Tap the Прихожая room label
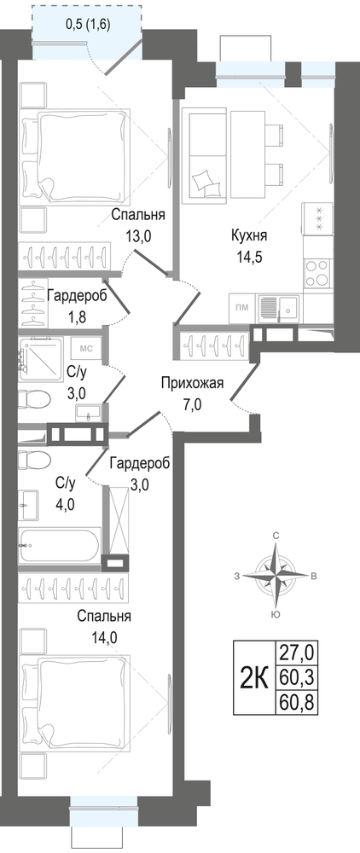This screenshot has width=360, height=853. pyautogui.click(x=192, y=384)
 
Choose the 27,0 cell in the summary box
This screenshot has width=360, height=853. pyautogui.click(x=297, y=651)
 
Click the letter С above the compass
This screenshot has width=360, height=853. pyautogui.click(x=276, y=537)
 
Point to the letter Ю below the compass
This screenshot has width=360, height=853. pyautogui.click(x=276, y=615)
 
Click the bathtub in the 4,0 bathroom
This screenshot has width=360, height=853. pyautogui.click(x=60, y=545)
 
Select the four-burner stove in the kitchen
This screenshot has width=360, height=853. pyautogui.click(x=316, y=273)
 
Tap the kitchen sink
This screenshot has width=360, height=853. pyautogui.click(x=278, y=309)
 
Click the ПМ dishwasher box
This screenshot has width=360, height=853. pyautogui.click(x=241, y=307)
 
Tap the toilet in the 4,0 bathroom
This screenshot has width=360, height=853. pyautogui.click(x=34, y=461)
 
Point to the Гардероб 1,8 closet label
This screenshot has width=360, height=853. pyautogui.click(x=77, y=305)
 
